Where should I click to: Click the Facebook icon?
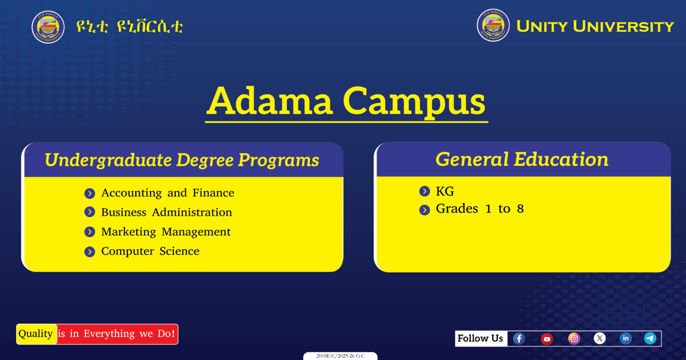point(519,339)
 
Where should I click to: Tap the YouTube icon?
point(547,339)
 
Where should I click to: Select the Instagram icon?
point(574,339)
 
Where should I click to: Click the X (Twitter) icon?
point(600,338)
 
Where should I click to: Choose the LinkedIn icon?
point(626,338)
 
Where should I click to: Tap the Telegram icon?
point(650,338)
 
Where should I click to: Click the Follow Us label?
point(480,338)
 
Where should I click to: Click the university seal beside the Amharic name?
point(48,27)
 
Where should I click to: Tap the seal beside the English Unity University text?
point(493,25)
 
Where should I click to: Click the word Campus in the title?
point(414,101)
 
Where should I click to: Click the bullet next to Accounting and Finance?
point(90,193)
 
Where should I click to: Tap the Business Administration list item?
point(167,212)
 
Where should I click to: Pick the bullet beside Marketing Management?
point(90,232)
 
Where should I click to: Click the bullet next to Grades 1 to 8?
point(424,210)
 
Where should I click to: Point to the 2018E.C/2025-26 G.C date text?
point(340,356)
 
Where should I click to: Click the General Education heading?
point(522,159)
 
